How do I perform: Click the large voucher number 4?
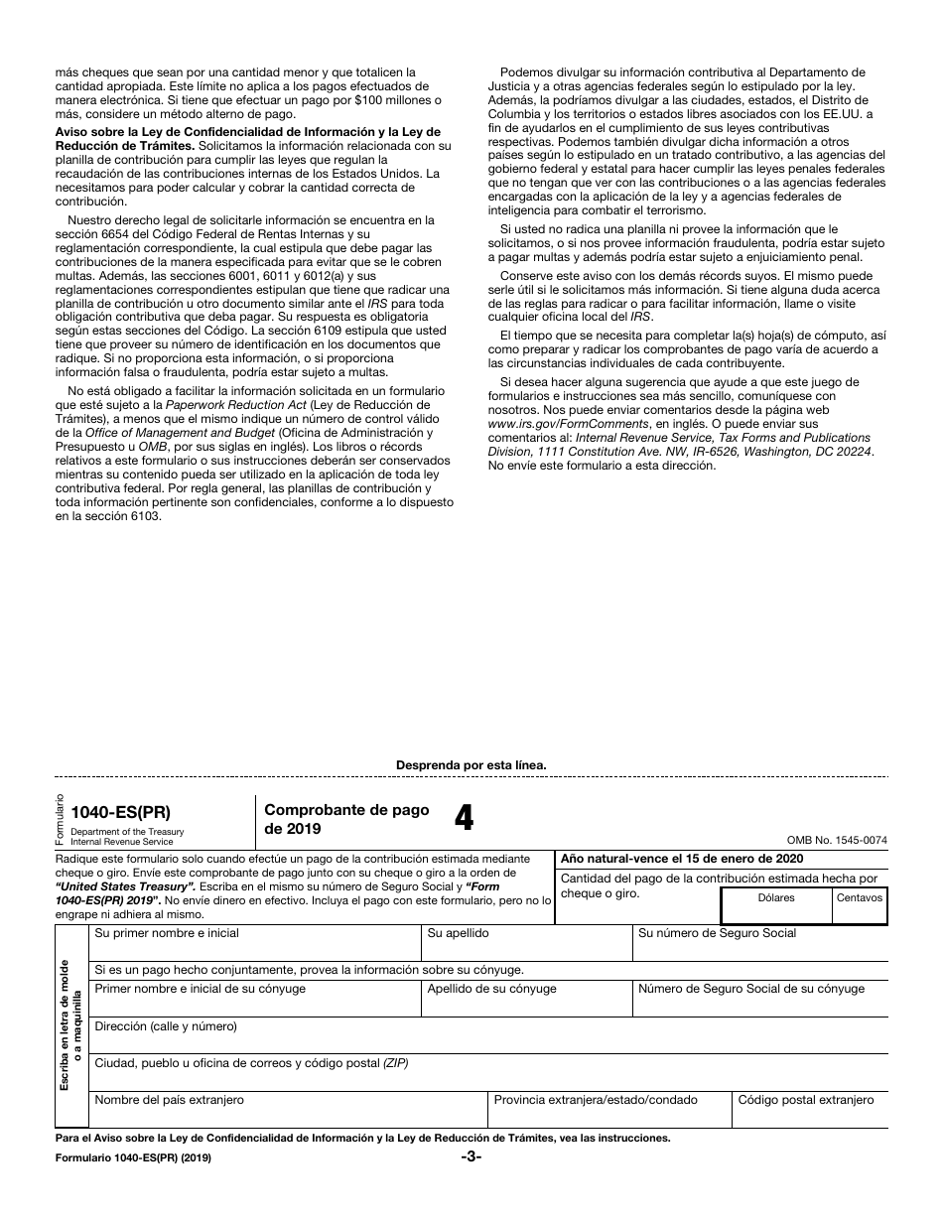pyautogui.click(x=464, y=818)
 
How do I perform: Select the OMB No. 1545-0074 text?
pyautogui.click(x=837, y=840)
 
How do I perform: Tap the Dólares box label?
pyautogui.click(x=776, y=897)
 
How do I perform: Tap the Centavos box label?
pyautogui.click(x=859, y=897)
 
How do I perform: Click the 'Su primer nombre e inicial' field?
pyautogui.click(x=256, y=944)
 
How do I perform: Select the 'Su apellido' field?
pyautogui.click(x=526, y=944)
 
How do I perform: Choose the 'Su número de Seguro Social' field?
pyautogui.click(x=759, y=944)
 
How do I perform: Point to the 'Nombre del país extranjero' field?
pyautogui.click(x=288, y=1111)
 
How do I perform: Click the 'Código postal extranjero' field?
pyautogui.click(x=809, y=1111)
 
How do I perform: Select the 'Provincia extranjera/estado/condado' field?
pyautogui.click(x=609, y=1111)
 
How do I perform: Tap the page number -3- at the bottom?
pyautogui.click(x=471, y=1156)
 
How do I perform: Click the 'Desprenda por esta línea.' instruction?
pyautogui.click(x=471, y=765)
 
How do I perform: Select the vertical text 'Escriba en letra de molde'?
pyautogui.click(x=64, y=1025)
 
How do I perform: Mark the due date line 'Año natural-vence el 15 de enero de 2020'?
pyautogui.click(x=682, y=859)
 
